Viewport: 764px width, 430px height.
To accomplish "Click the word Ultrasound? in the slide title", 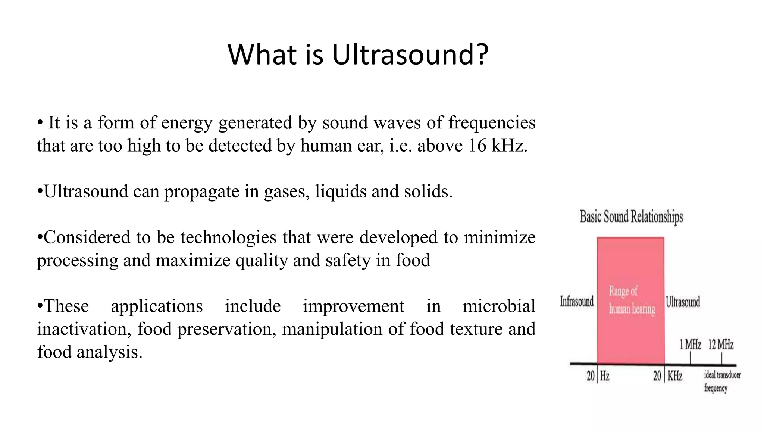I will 410,55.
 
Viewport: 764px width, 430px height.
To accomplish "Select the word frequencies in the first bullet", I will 492,123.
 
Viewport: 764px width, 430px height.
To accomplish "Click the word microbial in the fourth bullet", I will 499,306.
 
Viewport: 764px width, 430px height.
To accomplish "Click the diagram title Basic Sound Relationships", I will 631,217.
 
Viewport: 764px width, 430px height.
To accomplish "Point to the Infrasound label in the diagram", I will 577,301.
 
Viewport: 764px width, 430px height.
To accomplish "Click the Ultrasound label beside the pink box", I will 683,302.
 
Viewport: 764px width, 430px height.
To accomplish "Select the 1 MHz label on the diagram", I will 690,344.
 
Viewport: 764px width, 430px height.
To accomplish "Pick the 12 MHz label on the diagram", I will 721,344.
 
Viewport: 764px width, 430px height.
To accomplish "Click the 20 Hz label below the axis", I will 598,376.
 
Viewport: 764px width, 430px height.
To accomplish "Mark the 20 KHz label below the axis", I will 667,376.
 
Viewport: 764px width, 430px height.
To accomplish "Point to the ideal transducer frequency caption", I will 722,381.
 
